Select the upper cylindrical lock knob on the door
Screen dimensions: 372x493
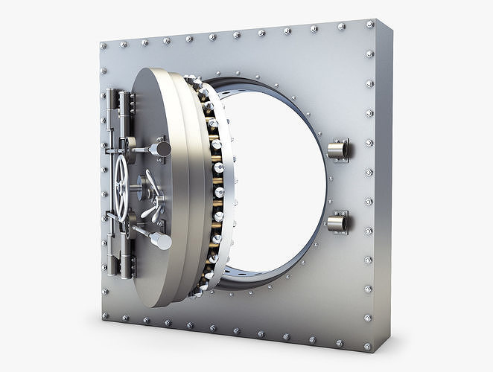click(x=160, y=149)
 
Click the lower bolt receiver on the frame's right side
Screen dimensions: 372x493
click(x=337, y=221)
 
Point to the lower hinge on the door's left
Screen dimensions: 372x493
click(x=114, y=260)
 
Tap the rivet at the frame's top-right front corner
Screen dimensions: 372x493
click(x=370, y=25)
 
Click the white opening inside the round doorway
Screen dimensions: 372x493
click(x=276, y=171)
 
